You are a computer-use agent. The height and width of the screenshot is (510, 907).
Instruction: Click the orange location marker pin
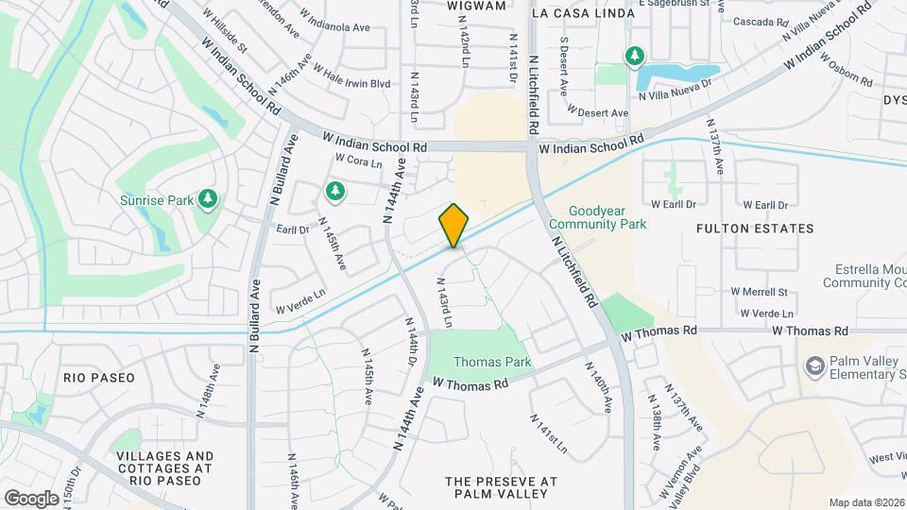tap(454, 226)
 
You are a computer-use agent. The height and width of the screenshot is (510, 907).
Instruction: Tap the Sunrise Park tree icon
tap(208, 199)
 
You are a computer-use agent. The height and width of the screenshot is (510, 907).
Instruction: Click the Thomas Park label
tap(492, 362)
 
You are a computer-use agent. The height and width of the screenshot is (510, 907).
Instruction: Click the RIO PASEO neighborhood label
tap(99, 377)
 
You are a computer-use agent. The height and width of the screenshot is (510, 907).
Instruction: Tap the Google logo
tap(31, 498)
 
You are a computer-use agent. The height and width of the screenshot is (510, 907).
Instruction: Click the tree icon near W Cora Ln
tap(334, 193)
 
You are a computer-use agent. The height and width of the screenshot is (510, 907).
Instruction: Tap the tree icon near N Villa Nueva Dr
tap(635, 57)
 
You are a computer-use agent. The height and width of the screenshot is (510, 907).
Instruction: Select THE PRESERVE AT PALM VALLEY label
tap(501, 487)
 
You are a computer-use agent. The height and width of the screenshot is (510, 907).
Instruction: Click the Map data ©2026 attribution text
tap(866, 502)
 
